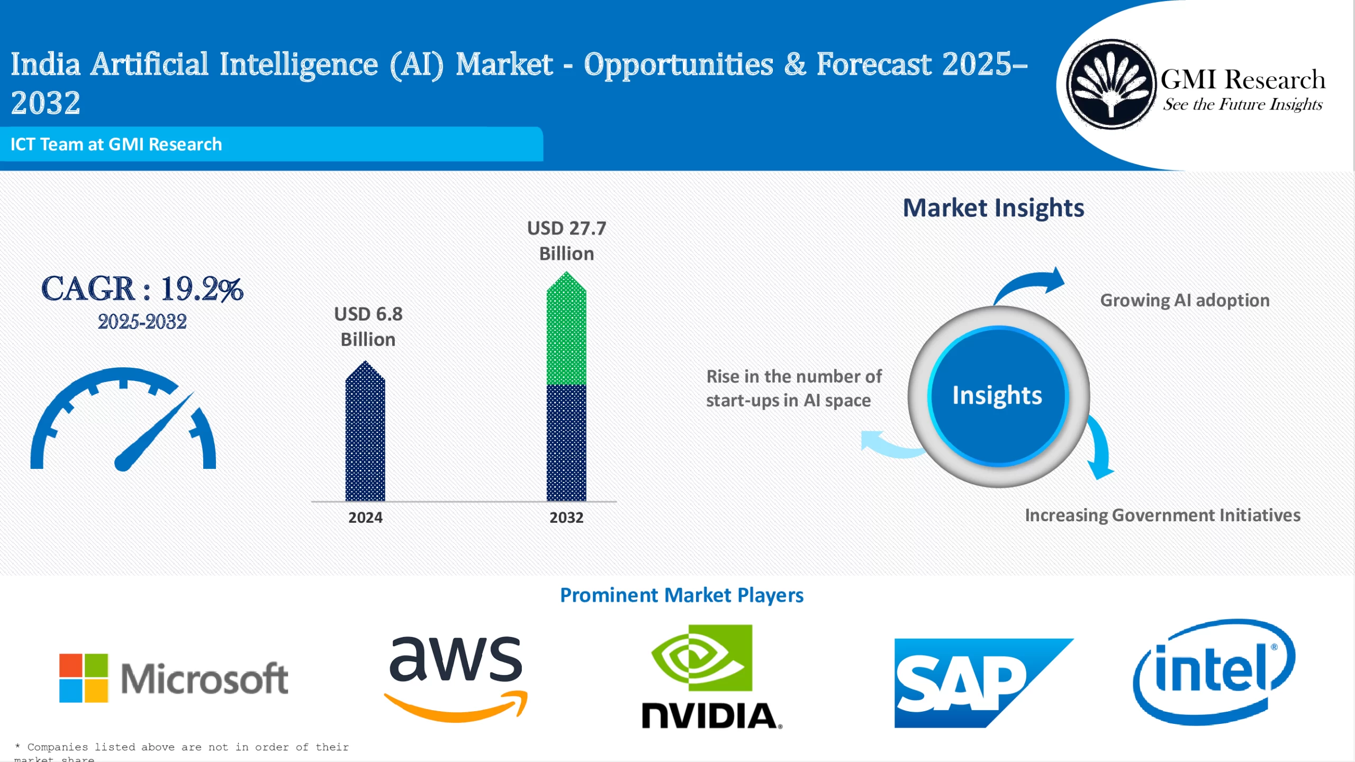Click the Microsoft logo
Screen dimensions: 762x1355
(174, 678)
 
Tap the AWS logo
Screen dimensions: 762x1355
(456, 679)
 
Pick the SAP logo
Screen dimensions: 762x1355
(974, 683)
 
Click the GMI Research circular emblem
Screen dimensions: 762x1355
(1110, 84)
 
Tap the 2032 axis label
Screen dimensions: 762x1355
(566, 518)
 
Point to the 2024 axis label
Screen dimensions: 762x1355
(365, 518)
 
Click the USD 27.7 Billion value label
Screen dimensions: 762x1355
(566, 241)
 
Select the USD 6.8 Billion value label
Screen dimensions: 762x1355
(368, 326)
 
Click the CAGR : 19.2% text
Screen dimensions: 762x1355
(142, 289)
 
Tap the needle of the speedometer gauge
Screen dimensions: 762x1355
(153, 431)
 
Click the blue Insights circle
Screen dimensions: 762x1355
(998, 396)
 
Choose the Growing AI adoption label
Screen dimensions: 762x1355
(1185, 301)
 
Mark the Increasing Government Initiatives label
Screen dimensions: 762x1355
(1162, 515)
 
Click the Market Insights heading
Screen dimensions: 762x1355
(993, 207)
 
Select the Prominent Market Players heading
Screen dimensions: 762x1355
(682, 595)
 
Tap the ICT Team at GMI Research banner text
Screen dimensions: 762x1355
(116, 144)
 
